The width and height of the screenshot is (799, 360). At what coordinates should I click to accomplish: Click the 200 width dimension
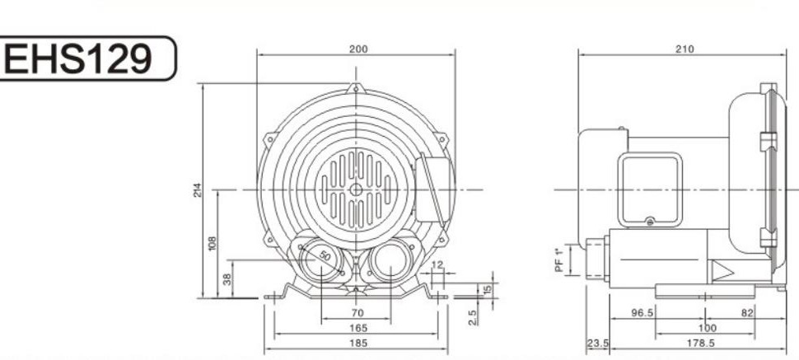point(357,49)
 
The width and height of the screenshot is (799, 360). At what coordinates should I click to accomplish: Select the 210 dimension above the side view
point(685,49)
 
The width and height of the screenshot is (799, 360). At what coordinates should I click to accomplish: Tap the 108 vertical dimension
point(213,244)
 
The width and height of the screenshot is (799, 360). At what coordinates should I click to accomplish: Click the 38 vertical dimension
point(227,278)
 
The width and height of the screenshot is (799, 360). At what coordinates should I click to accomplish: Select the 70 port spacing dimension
point(357,314)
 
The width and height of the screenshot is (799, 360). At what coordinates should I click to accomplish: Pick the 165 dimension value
point(357,328)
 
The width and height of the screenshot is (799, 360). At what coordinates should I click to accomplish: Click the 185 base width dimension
point(357,342)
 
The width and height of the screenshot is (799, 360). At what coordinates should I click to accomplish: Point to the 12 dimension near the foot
point(437,264)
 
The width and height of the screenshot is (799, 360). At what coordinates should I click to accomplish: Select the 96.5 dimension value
point(642,314)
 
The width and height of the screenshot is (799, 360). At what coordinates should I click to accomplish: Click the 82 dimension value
point(747,314)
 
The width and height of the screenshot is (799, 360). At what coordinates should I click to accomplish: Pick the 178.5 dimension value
point(706,342)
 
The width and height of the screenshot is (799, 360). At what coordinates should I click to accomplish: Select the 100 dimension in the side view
point(706,328)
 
